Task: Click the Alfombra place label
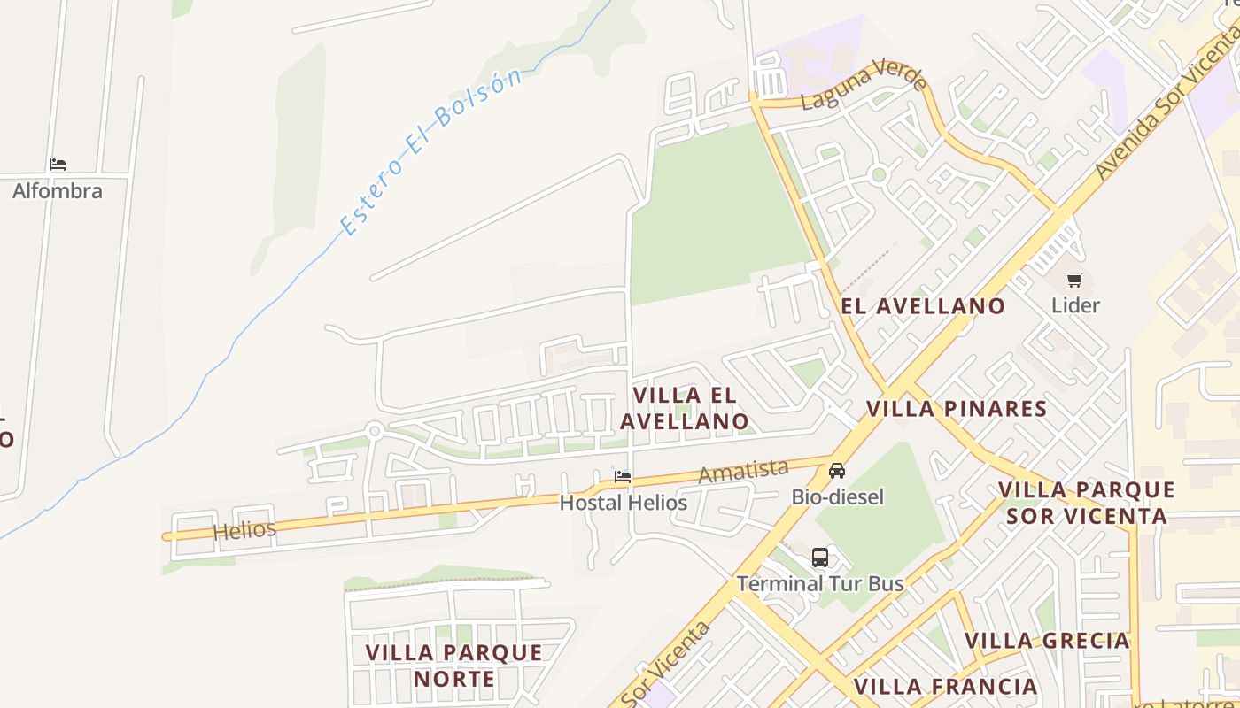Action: coord(58,191)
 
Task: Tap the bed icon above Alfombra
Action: coord(58,165)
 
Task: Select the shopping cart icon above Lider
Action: coord(1075,281)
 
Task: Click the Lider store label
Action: coord(1075,305)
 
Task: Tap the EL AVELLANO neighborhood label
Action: coord(923,306)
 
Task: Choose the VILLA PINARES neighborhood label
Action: coord(957,409)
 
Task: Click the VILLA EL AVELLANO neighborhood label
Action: coord(685,408)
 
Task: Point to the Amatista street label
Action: coord(743,471)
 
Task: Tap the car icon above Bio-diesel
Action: coord(837,471)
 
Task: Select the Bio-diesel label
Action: coord(837,496)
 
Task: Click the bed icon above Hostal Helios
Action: coord(623,477)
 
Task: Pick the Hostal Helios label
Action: coord(623,503)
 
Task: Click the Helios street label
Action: coord(244,530)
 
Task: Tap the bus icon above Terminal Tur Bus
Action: coord(820,558)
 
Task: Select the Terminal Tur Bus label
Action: coord(820,583)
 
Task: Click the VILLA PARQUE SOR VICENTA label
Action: coord(1087,503)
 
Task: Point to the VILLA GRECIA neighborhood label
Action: coord(1047,640)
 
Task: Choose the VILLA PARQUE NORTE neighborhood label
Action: coord(453,666)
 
